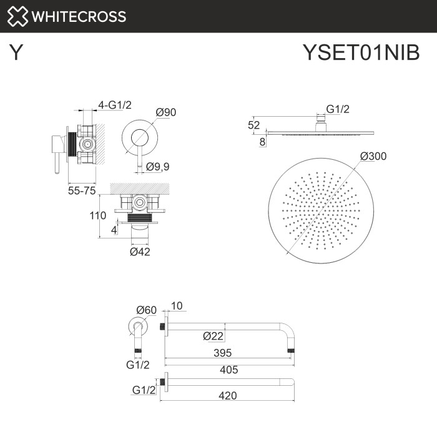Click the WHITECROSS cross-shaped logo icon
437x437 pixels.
point(17,16)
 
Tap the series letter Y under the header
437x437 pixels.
point(17,53)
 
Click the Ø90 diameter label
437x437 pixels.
point(166,112)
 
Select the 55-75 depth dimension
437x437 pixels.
point(81,190)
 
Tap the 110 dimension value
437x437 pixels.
point(97,215)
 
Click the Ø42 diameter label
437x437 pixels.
point(140,252)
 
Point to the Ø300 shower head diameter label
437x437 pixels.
point(373,156)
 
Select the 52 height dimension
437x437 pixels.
point(254,125)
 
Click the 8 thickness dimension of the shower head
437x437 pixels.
point(262,142)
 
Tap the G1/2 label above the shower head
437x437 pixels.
point(338,109)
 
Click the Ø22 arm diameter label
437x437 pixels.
point(213,336)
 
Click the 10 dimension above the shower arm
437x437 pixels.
point(177,306)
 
